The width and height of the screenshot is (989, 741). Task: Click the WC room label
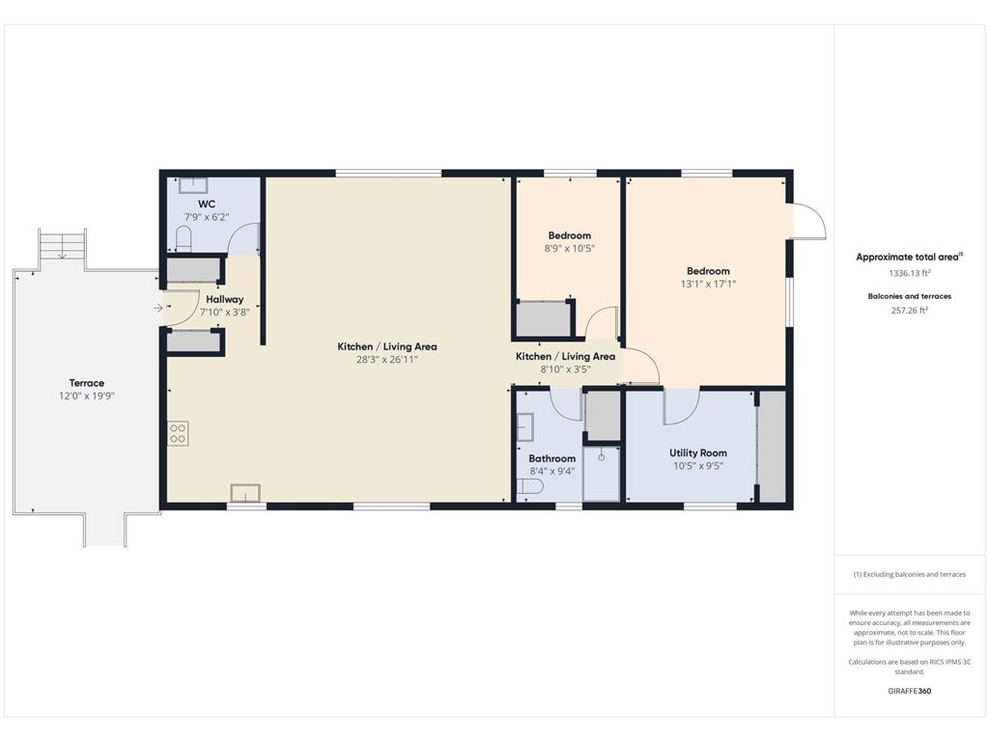pyautogui.click(x=207, y=204)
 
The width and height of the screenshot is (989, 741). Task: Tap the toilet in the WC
pyautogui.click(x=184, y=239)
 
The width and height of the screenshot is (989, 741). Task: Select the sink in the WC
pyautogui.click(x=193, y=185)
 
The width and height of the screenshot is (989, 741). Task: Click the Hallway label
pyautogui.click(x=224, y=299)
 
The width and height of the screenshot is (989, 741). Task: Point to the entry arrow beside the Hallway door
pyautogui.click(x=158, y=308)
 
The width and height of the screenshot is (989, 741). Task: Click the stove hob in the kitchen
pyautogui.click(x=178, y=433)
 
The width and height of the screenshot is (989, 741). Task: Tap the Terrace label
pyautogui.click(x=86, y=383)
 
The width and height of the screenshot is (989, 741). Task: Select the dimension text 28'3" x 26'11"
pyautogui.click(x=387, y=360)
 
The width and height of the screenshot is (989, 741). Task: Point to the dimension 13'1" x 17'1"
pyautogui.click(x=708, y=285)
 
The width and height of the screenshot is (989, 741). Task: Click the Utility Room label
pyautogui.click(x=698, y=453)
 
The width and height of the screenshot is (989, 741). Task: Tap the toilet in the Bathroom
pyautogui.click(x=530, y=487)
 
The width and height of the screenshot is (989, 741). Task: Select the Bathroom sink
pyautogui.click(x=524, y=426)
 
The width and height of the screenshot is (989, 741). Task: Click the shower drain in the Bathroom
pyautogui.click(x=601, y=456)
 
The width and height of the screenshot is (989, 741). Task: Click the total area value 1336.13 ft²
pyautogui.click(x=910, y=273)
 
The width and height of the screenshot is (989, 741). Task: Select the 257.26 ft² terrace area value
pyautogui.click(x=910, y=310)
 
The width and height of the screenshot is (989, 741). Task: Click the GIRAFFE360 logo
pyautogui.click(x=910, y=691)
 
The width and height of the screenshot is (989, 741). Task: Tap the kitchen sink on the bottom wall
pyautogui.click(x=245, y=493)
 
